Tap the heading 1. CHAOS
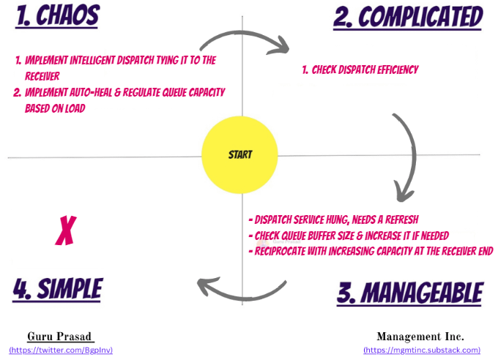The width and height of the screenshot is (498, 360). (x=58, y=15)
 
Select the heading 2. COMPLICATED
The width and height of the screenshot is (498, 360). (x=408, y=16)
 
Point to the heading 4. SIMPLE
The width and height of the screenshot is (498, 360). (x=58, y=287)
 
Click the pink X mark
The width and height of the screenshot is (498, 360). (x=66, y=231)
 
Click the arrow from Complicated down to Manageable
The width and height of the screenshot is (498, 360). (x=407, y=157)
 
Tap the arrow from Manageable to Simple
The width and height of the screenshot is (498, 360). (x=242, y=290)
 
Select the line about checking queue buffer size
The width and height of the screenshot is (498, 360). (x=349, y=235)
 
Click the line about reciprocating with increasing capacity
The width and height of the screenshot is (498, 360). (x=371, y=250)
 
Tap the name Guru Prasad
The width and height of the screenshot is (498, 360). (x=61, y=337)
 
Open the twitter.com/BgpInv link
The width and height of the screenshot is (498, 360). (x=61, y=350)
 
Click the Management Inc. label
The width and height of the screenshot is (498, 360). (x=420, y=337)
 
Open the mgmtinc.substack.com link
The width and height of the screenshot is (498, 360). (x=421, y=350)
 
